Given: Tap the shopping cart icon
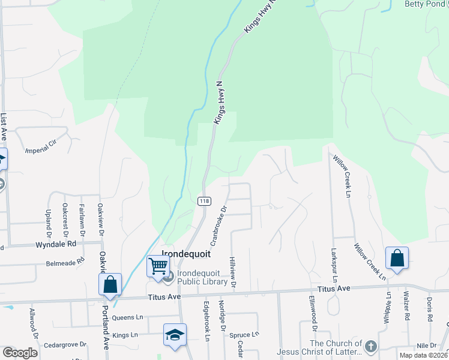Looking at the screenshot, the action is (158, 265).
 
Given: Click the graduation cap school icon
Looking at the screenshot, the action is (175, 335).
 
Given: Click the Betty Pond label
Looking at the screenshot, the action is (426, 4).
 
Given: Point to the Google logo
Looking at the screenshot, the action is (20, 353).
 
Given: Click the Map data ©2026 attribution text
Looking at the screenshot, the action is (423, 355).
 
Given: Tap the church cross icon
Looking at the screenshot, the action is (371, 346).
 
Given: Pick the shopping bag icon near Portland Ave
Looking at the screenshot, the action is (111, 284).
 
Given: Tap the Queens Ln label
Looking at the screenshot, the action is (128, 317).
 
